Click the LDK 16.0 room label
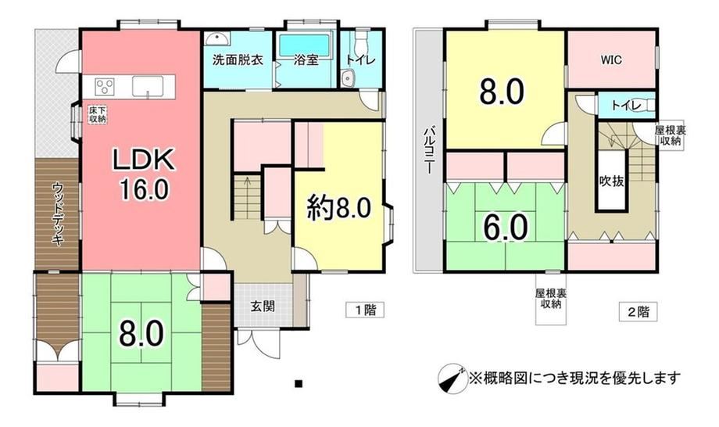pyautogui.click(x=144, y=174)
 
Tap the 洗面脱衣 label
pyautogui.click(x=238, y=59)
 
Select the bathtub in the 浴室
pyautogui.click(x=305, y=45)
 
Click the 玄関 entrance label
pyautogui.click(x=263, y=306)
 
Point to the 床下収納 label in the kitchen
pyautogui.click(x=97, y=114)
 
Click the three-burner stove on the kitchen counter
pyautogui.click(x=105, y=85)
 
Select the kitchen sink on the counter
pyautogui.click(x=148, y=86)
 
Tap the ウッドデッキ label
pyautogui.click(x=58, y=213)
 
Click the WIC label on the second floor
pyautogui.click(x=612, y=59)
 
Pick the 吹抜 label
pyautogui.click(x=612, y=181)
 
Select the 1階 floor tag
pyautogui.click(x=365, y=310)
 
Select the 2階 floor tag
pyautogui.click(x=638, y=312)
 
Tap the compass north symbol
pyautogui.click(x=453, y=379)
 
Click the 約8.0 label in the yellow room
pyautogui.click(x=339, y=209)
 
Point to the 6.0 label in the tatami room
pyautogui.click(x=506, y=228)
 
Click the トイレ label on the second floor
pyautogui.click(x=626, y=106)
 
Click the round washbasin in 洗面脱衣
pyautogui.click(x=215, y=39)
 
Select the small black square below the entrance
pyautogui.click(x=299, y=383)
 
